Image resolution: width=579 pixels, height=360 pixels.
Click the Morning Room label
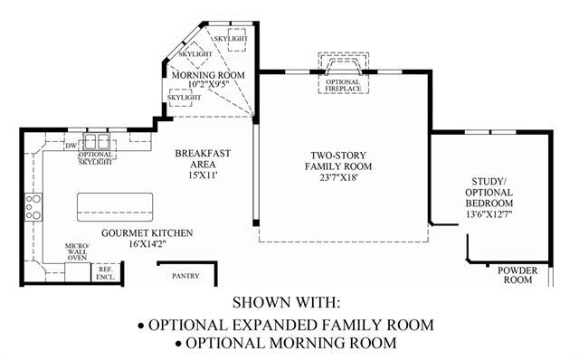click(x=208, y=75)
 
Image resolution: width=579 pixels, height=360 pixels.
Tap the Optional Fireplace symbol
click(x=344, y=72)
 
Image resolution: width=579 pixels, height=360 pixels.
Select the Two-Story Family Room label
click(x=338, y=161)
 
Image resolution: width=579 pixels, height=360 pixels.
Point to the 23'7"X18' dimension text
click(x=338, y=177)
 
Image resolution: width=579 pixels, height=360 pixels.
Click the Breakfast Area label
click(x=203, y=159)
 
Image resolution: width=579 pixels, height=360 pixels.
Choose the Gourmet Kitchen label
click(x=147, y=233)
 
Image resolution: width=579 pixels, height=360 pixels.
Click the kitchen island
click(x=115, y=207)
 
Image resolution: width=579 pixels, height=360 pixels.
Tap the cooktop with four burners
click(x=33, y=207)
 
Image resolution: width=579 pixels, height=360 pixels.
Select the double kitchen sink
click(x=97, y=141)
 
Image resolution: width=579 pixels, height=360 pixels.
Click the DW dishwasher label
click(x=71, y=146)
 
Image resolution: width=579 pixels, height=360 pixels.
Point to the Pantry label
click(x=185, y=276)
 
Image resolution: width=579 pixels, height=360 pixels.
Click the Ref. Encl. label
click(x=106, y=273)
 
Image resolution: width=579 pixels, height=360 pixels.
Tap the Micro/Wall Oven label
click(x=77, y=251)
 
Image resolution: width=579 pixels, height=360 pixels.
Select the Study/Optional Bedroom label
click(x=489, y=193)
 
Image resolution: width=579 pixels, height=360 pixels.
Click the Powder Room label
click(x=517, y=275)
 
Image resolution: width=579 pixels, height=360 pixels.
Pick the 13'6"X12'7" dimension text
click(x=489, y=214)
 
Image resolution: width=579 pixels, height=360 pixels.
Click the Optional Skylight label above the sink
click(x=95, y=158)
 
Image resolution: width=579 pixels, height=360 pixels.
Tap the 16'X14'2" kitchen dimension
click(x=147, y=244)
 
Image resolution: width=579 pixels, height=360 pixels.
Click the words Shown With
click(x=286, y=302)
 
